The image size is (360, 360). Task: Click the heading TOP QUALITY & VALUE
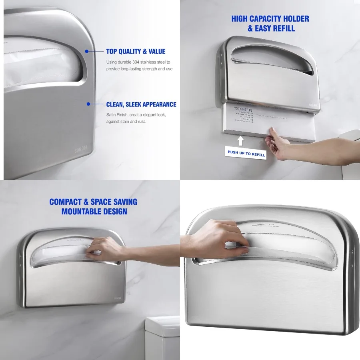click(x=136, y=51)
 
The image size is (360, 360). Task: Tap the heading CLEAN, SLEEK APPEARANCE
click(x=141, y=104)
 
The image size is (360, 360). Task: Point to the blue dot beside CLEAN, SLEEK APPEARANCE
click(x=88, y=104)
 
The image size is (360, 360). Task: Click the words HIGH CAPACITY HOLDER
click(x=270, y=19)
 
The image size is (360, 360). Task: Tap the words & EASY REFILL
click(x=271, y=28)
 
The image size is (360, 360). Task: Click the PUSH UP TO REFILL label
click(x=246, y=153)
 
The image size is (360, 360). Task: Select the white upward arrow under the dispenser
click(x=240, y=140)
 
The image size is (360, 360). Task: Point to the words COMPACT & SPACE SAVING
click(x=93, y=202)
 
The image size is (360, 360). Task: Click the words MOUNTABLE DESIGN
click(x=94, y=211)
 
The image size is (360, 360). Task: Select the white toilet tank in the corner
click(x=162, y=338)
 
